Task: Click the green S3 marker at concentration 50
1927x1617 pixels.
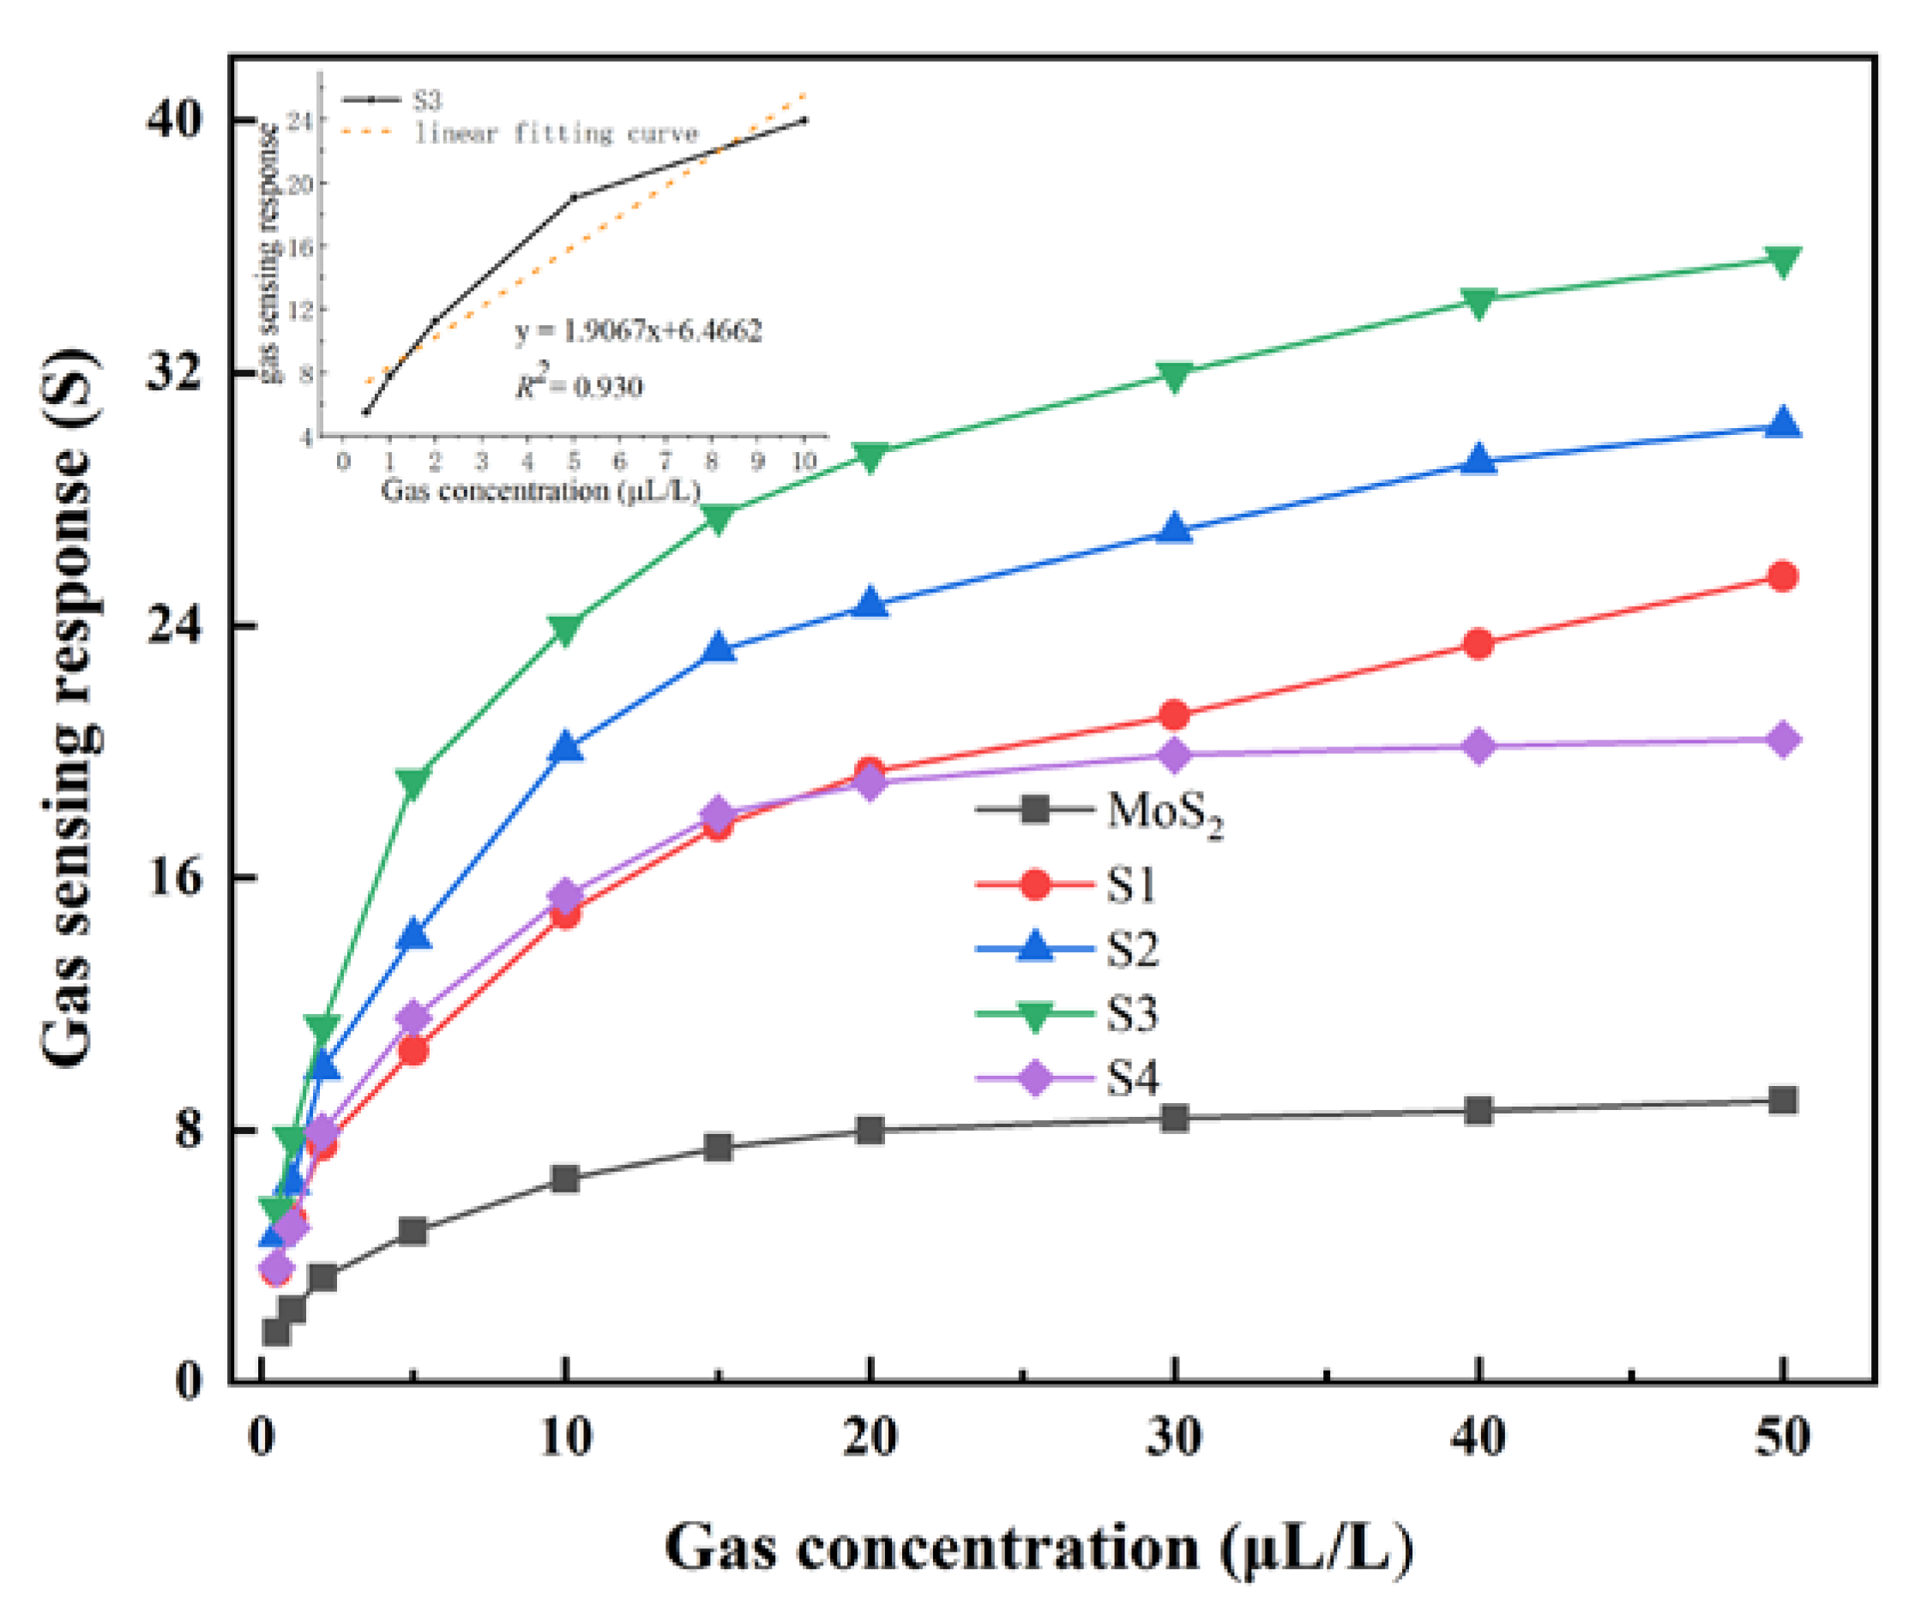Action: click(1782, 261)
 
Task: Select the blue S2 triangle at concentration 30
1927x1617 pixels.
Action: click(1174, 530)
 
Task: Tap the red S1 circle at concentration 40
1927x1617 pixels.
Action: click(1478, 644)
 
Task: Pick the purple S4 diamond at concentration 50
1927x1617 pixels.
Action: click(1782, 739)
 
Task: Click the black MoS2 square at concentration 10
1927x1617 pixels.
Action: click(565, 1180)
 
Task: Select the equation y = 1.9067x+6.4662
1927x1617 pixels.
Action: click(639, 330)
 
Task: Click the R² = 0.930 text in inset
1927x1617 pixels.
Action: click(578, 385)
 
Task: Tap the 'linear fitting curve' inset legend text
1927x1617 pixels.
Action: click(556, 134)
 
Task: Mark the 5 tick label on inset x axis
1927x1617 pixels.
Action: click(574, 462)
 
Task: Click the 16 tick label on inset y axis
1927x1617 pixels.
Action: click(300, 246)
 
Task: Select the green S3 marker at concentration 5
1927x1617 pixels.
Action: click(413, 781)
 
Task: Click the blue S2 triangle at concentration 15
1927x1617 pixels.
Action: click(720, 649)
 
